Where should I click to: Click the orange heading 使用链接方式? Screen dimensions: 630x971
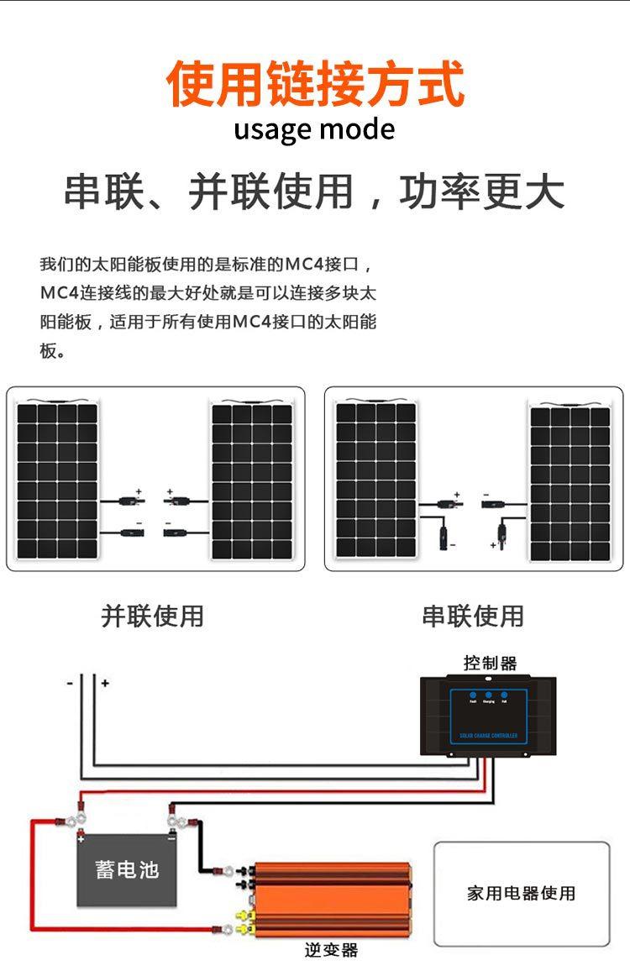(x=315, y=84)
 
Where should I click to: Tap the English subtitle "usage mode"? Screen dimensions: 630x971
(x=314, y=130)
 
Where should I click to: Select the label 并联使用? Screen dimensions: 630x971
(x=152, y=616)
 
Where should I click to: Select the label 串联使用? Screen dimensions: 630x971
(x=472, y=616)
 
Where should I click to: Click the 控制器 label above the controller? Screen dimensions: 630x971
(x=490, y=663)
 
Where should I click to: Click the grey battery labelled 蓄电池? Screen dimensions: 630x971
(x=127, y=869)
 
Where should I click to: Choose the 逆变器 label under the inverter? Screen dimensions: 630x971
(x=331, y=950)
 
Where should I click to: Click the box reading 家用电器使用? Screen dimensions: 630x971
(x=522, y=894)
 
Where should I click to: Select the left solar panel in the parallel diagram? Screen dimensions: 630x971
(x=57, y=481)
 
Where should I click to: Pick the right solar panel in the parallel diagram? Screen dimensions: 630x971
(x=251, y=481)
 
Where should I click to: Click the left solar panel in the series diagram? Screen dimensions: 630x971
(x=375, y=480)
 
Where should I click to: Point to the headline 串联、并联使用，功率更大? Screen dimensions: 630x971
(x=314, y=192)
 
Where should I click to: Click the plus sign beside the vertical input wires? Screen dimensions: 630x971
(x=105, y=684)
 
